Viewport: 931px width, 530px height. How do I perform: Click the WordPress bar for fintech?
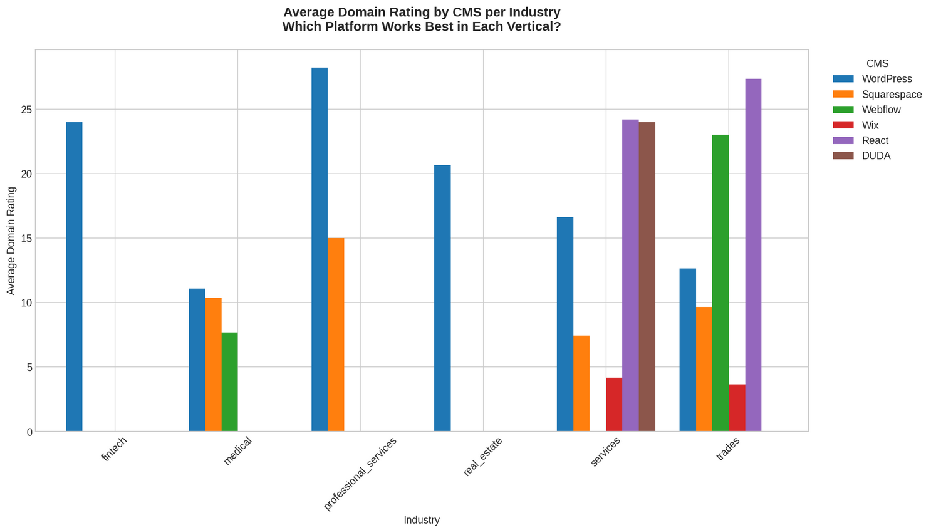[74, 276]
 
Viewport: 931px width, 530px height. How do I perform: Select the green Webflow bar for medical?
[229, 382]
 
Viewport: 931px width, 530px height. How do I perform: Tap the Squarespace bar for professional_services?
[336, 335]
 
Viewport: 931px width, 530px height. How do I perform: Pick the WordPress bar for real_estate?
[442, 298]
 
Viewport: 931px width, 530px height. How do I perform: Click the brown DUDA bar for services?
[647, 276]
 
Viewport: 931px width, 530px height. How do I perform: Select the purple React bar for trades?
[753, 255]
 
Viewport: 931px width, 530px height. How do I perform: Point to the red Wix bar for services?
[614, 404]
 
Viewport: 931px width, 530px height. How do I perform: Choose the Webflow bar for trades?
[720, 283]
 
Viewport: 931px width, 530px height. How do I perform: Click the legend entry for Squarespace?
[891, 95]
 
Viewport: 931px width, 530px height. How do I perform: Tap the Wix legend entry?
[870, 125]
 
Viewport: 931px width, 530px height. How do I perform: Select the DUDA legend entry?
[875, 156]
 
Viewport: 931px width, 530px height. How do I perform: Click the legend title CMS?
[877, 64]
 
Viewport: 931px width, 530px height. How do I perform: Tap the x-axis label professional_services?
[360, 474]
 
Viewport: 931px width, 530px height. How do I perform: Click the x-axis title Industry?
[421, 520]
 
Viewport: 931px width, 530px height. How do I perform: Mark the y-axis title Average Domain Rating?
[11, 241]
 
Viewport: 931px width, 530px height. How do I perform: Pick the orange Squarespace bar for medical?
[213, 365]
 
